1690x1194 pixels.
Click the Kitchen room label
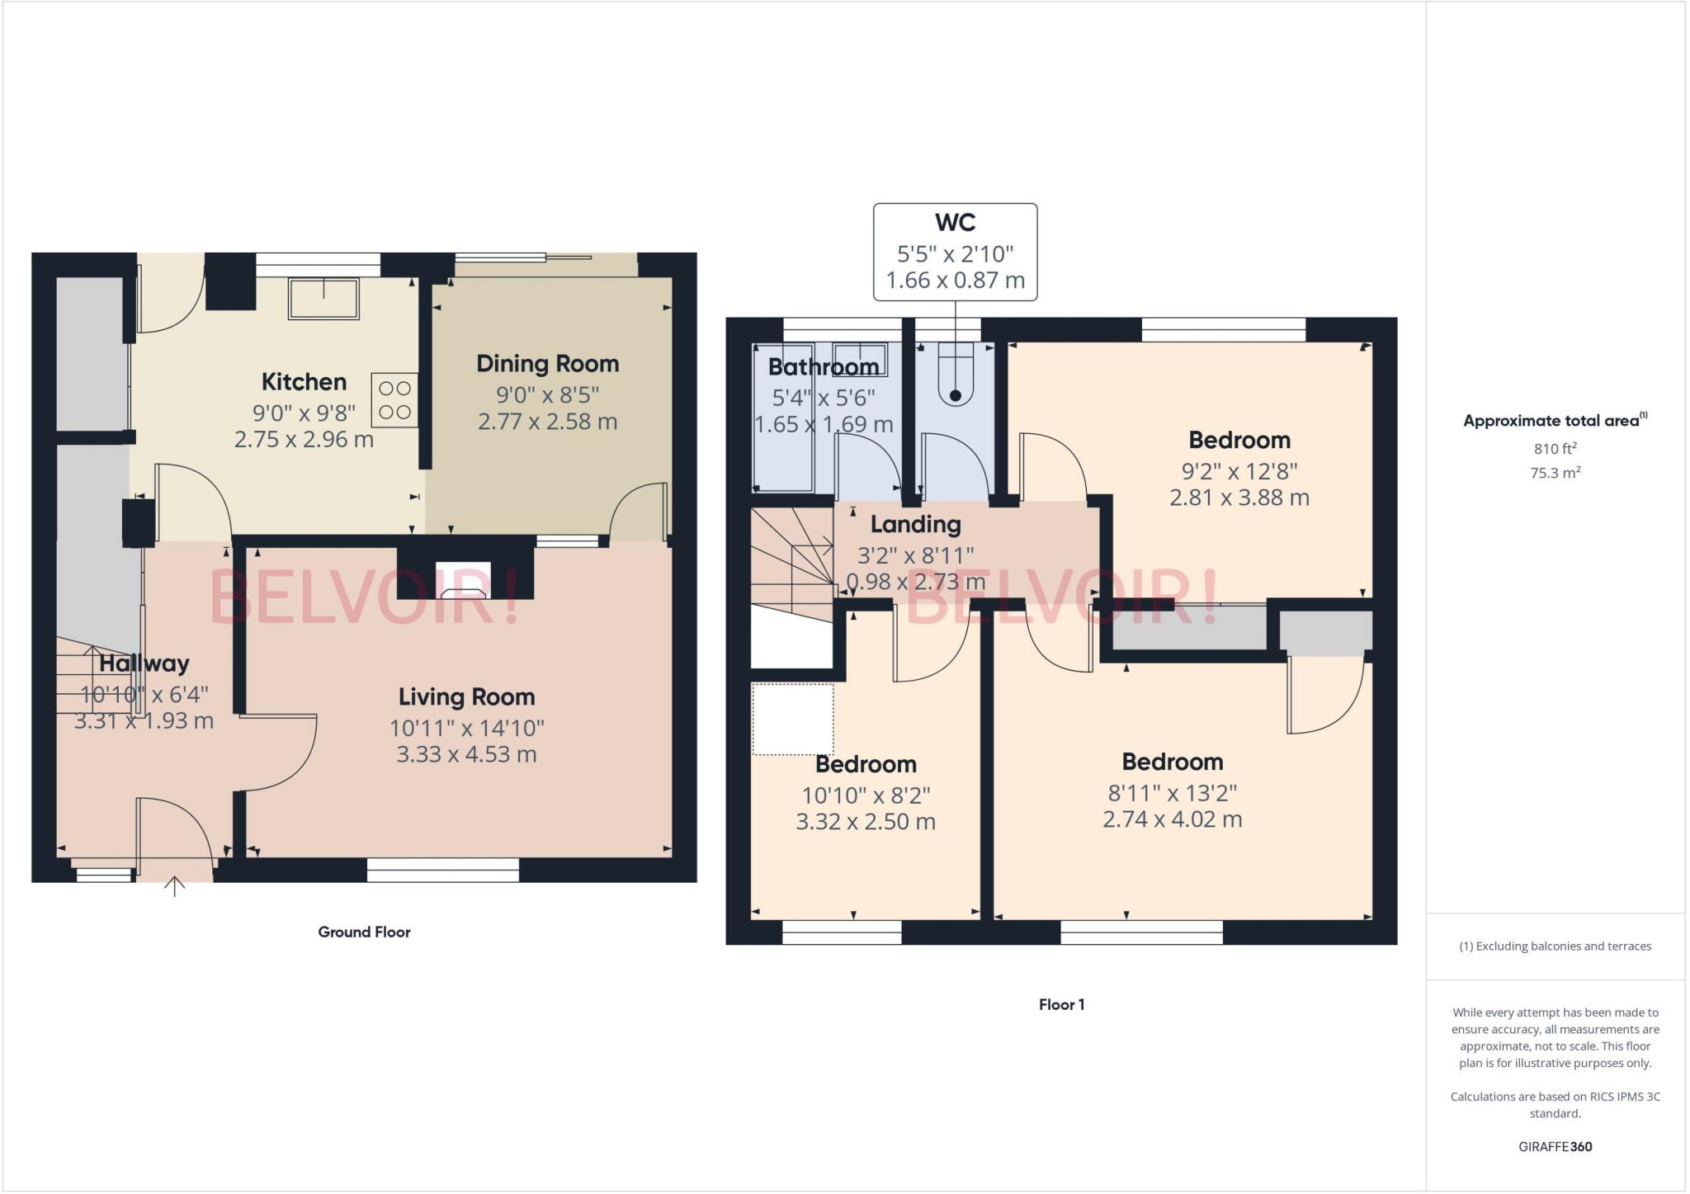pyautogui.click(x=304, y=382)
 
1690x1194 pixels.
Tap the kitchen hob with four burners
pyautogui.click(x=394, y=400)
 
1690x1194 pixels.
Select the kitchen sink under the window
pyautogui.click(x=323, y=299)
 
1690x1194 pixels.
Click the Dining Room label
pyautogui.click(x=547, y=364)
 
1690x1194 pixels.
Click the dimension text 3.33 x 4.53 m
pyautogui.click(x=466, y=754)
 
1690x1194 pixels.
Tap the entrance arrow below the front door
pyautogui.click(x=174, y=887)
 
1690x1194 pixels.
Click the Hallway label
pyautogui.click(x=144, y=663)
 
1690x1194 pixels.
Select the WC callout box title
pyautogui.click(x=955, y=223)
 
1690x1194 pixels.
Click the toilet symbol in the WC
pyautogui.click(x=956, y=375)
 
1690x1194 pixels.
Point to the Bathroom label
pyautogui.click(x=823, y=366)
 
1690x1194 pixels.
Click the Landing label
pyautogui.click(x=915, y=525)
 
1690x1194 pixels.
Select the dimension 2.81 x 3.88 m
pyautogui.click(x=1239, y=498)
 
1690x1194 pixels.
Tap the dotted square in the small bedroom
pyautogui.click(x=792, y=720)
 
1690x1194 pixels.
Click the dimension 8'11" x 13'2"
pyautogui.click(x=1172, y=793)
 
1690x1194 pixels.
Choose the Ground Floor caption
pyautogui.click(x=364, y=932)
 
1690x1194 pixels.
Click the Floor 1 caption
pyautogui.click(x=1061, y=1004)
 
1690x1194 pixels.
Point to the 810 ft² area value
pyautogui.click(x=1555, y=449)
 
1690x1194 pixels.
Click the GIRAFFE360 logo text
pyautogui.click(x=1555, y=1146)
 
